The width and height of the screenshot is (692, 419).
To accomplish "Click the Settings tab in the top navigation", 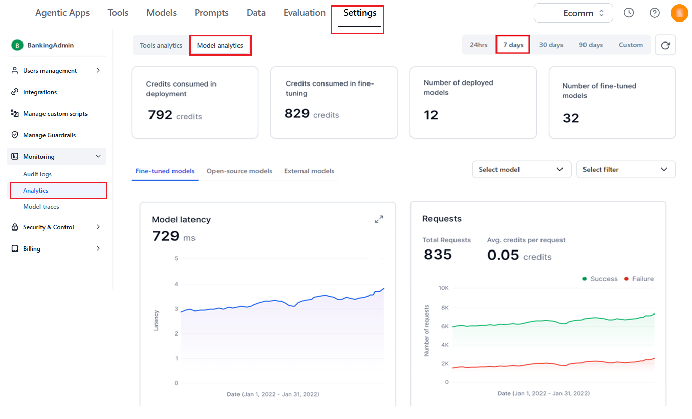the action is (360, 13).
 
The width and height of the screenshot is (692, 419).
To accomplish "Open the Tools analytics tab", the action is (161, 45).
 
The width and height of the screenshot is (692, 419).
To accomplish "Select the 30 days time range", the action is (551, 45).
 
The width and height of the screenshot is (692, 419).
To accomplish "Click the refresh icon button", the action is (665, 45).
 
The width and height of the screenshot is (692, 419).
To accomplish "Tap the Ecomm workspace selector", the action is (573, 13).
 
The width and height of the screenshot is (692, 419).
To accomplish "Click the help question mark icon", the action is (654, 13).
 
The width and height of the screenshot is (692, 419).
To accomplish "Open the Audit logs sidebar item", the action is (37, 174).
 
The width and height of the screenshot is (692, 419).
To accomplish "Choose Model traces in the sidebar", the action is (41, 207).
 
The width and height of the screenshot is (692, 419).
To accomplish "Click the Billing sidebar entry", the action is (32, 248).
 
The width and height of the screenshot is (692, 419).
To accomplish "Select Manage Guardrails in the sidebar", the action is (49, 135).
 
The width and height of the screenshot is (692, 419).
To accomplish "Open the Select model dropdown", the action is (522, 170).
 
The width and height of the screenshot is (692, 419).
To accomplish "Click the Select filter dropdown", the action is (625, 170).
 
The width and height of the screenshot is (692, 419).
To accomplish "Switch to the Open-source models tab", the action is (239, 171).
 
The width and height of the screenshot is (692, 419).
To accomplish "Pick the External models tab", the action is (309, 171).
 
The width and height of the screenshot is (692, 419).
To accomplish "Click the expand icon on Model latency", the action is (379, 219).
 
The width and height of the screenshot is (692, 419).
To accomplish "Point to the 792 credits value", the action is (175, 115).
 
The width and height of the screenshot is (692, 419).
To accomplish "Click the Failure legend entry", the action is (639, 279).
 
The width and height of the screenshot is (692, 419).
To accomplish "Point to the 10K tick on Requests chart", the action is (444, 288).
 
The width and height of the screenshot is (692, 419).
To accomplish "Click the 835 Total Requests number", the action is (438, 255).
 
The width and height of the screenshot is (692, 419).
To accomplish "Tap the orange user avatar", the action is (679, 13).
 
